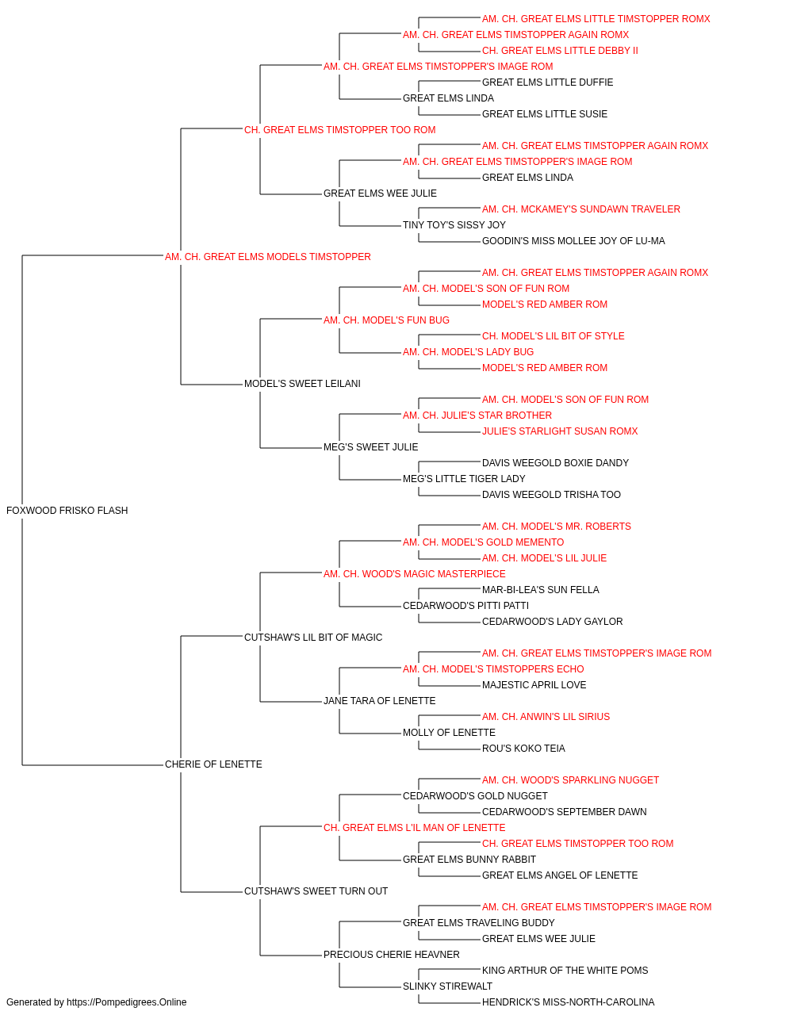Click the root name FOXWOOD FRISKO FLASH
click(67, 511)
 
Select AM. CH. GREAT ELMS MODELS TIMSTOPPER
click(267, 257)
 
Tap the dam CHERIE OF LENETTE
click(213, 764)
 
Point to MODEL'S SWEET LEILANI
click(302, 384)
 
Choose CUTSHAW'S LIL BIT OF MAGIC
click(313, 637)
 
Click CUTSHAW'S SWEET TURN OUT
click(316, 891)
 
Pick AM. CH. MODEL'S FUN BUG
click(386, 320)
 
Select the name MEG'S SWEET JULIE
click(371, 447)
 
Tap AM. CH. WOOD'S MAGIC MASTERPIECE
click(414, 574)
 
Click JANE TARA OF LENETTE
click(379, 701)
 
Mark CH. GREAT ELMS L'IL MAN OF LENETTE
click(414, 828)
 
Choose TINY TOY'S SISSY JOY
click(454, 225)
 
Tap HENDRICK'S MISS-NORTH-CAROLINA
click(568, 1002)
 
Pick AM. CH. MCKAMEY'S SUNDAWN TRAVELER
click(581, 209)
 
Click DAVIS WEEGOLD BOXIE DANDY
click(555, 463)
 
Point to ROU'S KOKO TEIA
click(523, 749)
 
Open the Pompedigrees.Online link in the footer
click(126, 1002)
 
